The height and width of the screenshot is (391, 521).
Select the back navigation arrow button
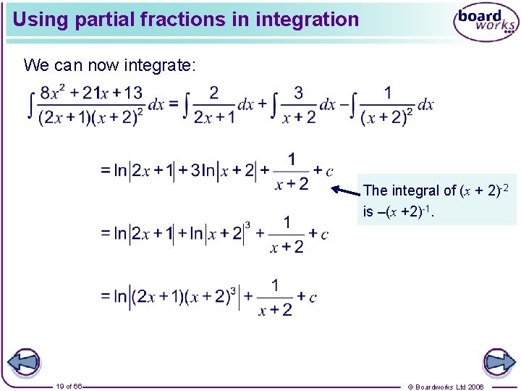pyautogui.click(x=23, y=362)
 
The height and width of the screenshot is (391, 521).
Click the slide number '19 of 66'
pyautogui.click(x=69, y=386)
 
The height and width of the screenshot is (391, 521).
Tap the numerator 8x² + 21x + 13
pyautogui.click(x=92, y=93)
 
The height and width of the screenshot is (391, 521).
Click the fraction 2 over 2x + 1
pyautogui.click(x=214, y=104)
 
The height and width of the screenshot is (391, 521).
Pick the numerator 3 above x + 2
pyautogui.click(x=298, y=93)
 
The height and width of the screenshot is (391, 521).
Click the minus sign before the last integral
pyautogui.click(x=352, y=104)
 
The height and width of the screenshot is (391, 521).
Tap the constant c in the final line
pyautogui.click(x=313, y=298)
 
